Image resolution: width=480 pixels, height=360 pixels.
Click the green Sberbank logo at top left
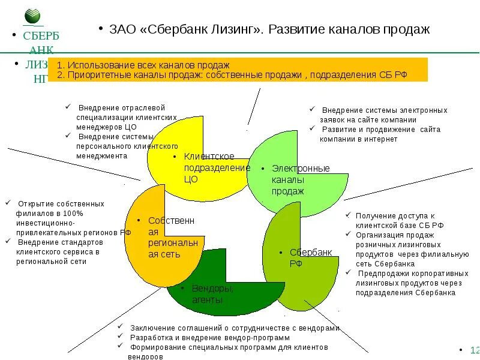[x=34, y=17]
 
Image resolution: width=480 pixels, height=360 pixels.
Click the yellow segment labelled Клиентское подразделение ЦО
[x=180, y=162]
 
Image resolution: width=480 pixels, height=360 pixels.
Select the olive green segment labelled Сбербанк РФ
[x=300, y=264]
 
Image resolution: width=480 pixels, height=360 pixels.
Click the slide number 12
[x=474, y=350]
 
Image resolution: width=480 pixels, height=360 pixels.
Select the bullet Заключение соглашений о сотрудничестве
[x=234, y=328]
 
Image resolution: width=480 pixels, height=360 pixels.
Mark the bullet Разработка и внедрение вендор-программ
[x=210, y=337]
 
